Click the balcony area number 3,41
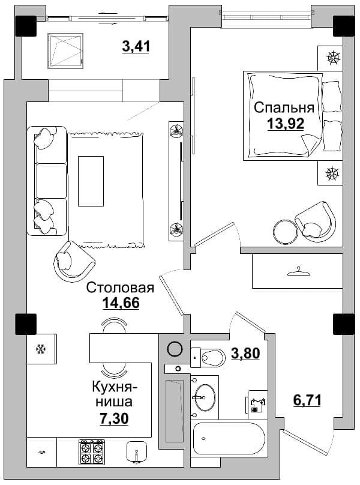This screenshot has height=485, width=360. pos(136,47)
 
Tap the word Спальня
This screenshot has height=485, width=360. pos(284,107)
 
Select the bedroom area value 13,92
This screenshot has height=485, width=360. pos(286,124)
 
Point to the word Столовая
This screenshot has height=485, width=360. pos(120,288)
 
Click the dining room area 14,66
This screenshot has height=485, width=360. pos(121,303)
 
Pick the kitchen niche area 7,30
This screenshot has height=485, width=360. pos(114,418)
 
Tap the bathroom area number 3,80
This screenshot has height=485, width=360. pos(245,353)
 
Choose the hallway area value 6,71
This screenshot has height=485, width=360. pos(307,400)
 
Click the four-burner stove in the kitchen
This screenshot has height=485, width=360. pos(91,453)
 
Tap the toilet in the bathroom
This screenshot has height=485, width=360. pos(207,358)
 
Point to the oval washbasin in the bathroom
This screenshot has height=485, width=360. pos(204,397)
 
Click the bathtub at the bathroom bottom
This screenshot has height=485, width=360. pos(229,439)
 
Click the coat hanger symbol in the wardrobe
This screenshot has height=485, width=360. pos(298,271)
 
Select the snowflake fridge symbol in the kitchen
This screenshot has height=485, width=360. pos(41,349)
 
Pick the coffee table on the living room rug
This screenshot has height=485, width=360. pos(91,181)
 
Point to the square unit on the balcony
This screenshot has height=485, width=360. pos(65,51)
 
